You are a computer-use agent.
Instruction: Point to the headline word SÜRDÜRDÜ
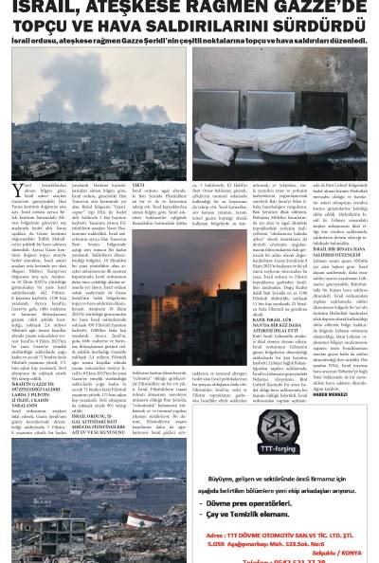pyautogui.click(x=319, y=26)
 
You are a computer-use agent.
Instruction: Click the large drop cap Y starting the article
pyautogui.click(x=16, y=191)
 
